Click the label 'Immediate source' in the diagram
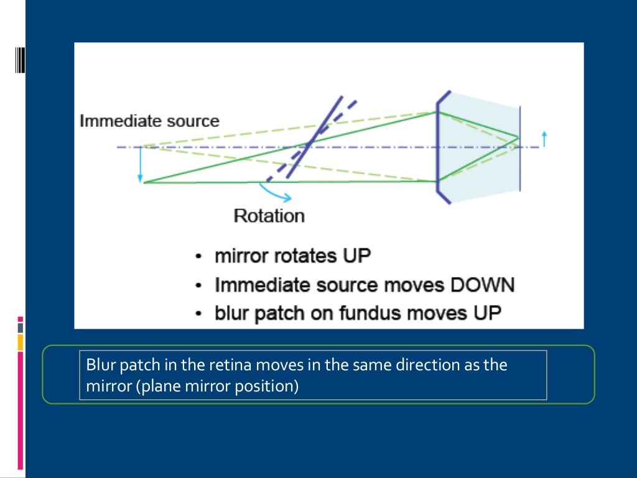(x=149, y=121)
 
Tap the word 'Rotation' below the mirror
(x=269, y=216)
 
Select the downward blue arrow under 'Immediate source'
(x=141, y=164)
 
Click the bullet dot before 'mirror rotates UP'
(x=198, y=256)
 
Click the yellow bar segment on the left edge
(x=20, y=342)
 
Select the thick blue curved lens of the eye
(x=437, y=147)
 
